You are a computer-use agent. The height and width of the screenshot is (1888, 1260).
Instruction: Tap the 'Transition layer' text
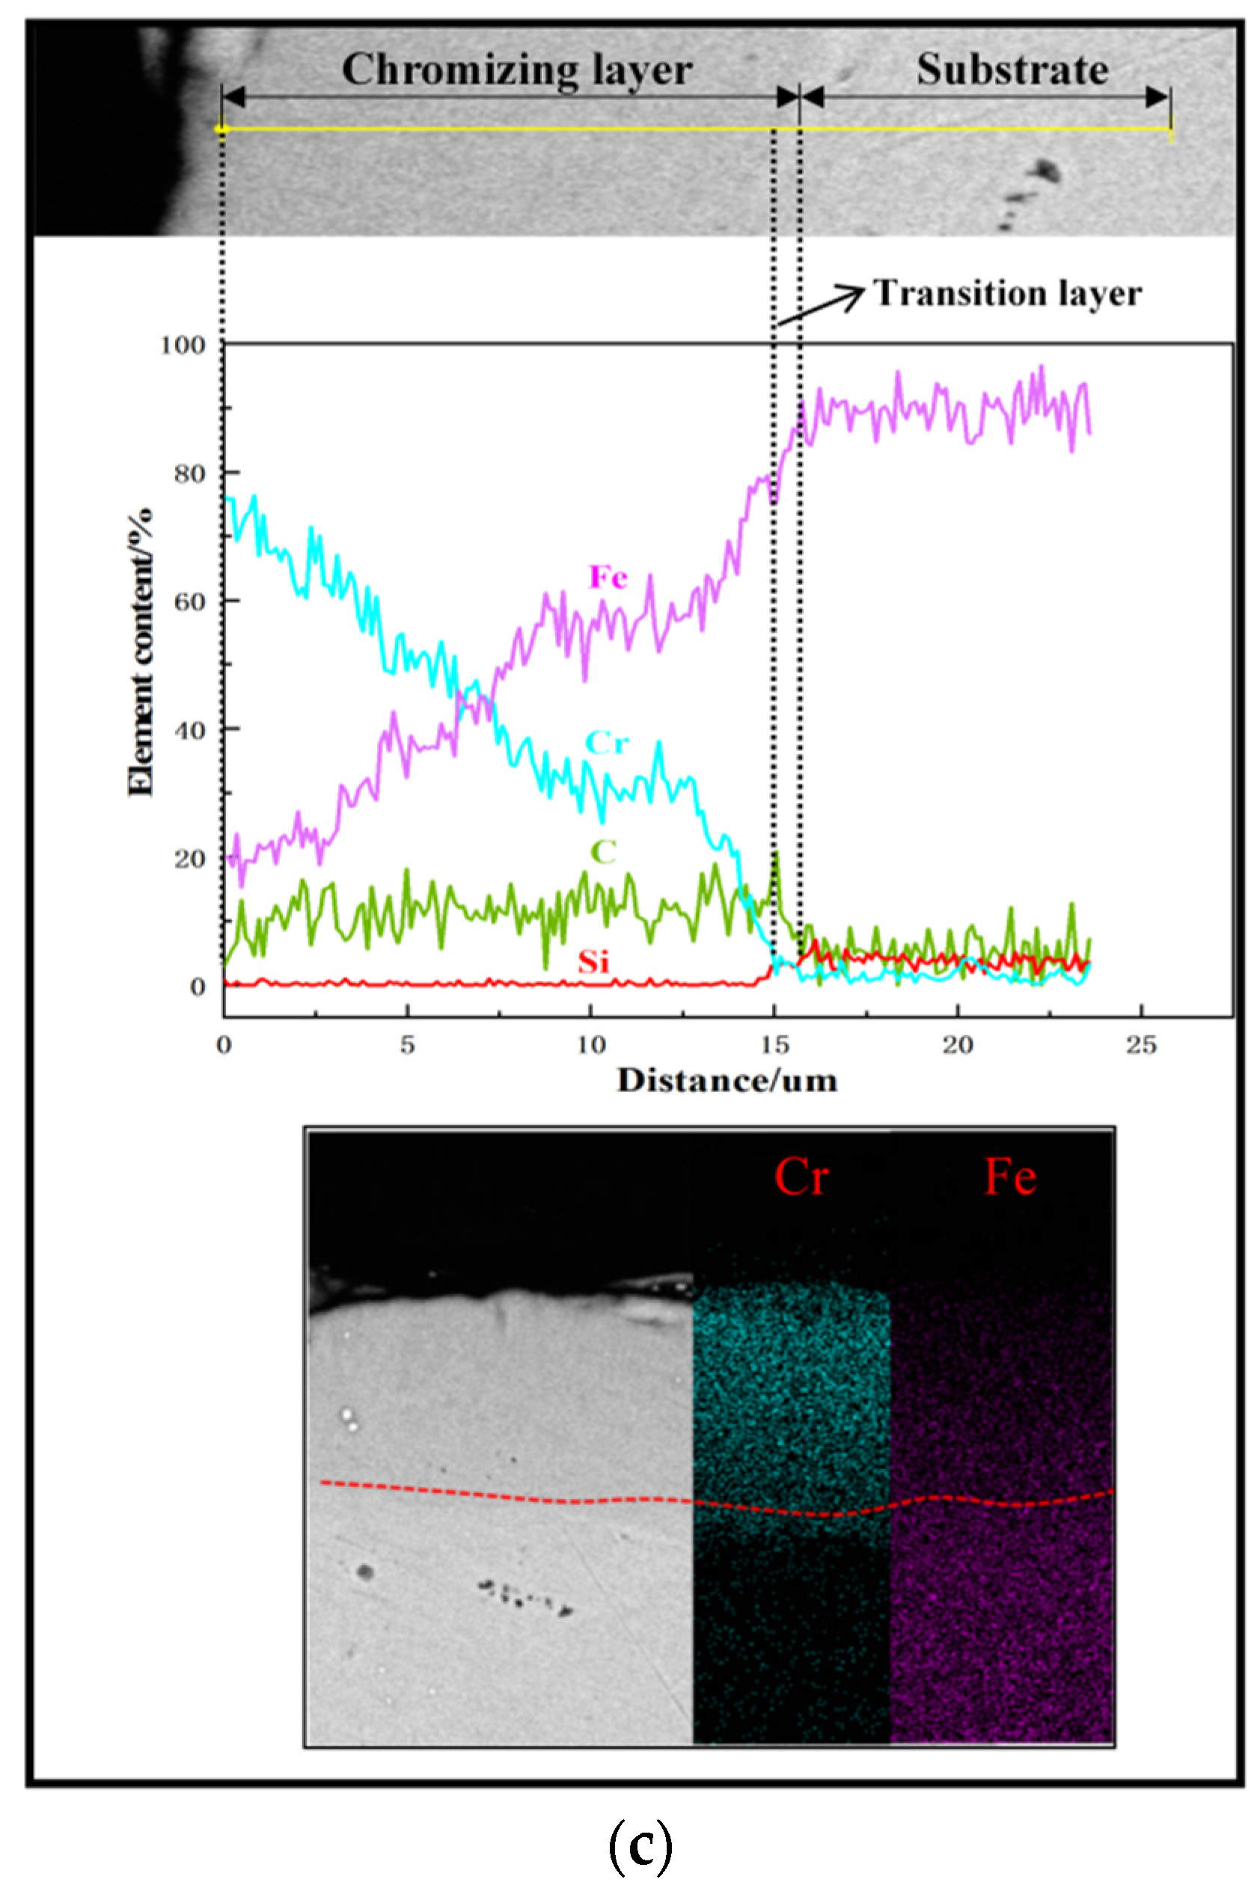tap(1007, 293)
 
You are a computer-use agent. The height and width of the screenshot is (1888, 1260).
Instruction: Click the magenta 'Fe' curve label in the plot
tap(608, 576)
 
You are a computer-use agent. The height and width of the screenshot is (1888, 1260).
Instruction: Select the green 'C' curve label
tap(604, 851)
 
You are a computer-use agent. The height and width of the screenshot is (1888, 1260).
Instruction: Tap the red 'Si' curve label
tap(594, 962)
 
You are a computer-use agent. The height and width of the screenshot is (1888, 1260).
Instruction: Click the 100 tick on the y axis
tap(183, 346)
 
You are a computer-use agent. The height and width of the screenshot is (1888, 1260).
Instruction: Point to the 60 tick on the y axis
tap(189, 601)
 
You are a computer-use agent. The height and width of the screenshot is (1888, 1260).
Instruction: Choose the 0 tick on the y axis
tap(198, 987)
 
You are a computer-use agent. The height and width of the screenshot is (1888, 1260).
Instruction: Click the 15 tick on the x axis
tap(774, 1044)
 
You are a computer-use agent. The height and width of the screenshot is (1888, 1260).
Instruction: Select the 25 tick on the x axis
tap(1141, 1044)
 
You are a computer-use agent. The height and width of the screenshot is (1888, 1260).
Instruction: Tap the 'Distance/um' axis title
tap(727, 1081)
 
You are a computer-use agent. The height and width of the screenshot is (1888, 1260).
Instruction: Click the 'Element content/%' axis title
tap(141, 651)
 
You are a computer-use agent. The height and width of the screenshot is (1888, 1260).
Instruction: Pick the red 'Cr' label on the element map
tap(801, 1178)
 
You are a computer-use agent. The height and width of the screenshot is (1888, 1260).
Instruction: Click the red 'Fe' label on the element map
tap(1010, 1178)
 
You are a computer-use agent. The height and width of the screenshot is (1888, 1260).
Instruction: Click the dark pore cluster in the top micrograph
tap(1044, 171)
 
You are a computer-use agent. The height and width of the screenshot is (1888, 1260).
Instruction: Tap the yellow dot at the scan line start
tap(222, 129)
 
